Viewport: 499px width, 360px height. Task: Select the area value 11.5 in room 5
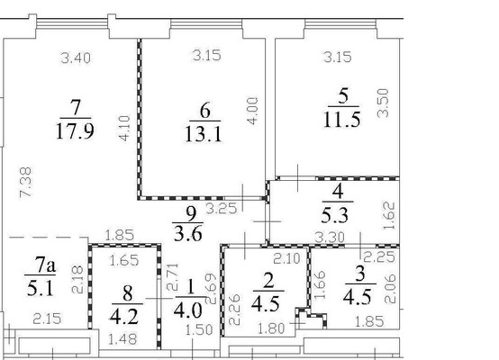coord(341,121)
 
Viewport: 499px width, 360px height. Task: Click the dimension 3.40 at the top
coord(76,59)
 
